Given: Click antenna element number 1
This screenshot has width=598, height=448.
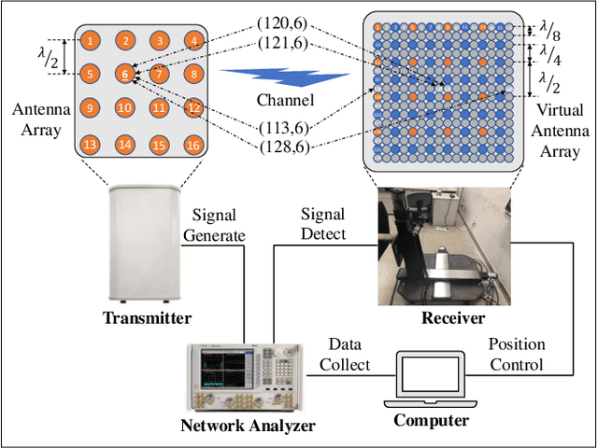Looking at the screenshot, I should coord(90,41).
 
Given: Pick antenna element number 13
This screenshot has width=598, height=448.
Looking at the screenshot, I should coord(90,145).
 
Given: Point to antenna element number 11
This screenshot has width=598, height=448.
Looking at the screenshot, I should coord(160,109).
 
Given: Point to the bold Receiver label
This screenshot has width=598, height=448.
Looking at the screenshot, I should coord(452,318).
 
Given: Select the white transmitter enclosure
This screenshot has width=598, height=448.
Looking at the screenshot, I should coord(148,245).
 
